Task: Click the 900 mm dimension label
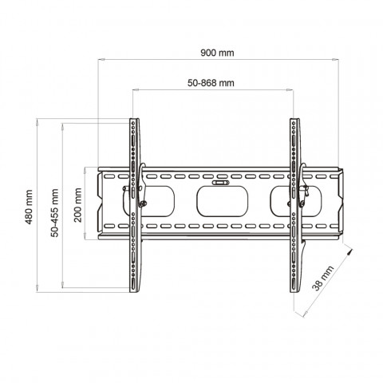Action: pyautogui.click(x=217, y=53)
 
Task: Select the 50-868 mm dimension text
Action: pyautogui.click(x=211, y=83)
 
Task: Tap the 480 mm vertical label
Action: pyautogui.click(x=29, y=207)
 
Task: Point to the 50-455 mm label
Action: pyautogui.click(x=55, y=212)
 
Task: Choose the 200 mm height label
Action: pyautogui.click(x=78, y=205)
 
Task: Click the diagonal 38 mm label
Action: pyautogui.click(x=322, y=278)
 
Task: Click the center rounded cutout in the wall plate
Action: pyautogui.click(x=223, y=201)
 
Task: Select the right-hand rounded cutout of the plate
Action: pyautogui.click(x=296, y=201)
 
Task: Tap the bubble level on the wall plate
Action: pyautogui.click(x=220, y=183)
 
